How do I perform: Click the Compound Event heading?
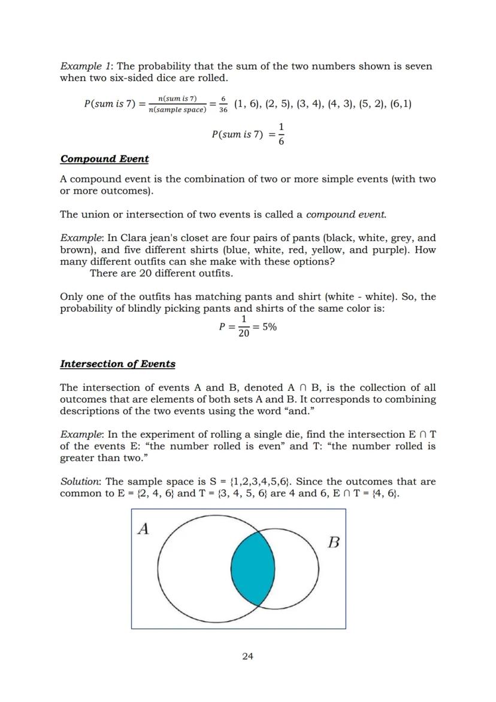(104, 159)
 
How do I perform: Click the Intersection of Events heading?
(117, 364)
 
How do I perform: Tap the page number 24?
(247, 656)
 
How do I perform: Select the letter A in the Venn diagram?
(143, 528)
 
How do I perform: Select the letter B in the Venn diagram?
(334, 543)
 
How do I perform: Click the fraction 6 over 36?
(223, 104)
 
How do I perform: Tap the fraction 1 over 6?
(281, 134)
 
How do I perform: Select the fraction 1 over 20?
(243, 327)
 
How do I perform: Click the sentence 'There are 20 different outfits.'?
(161, 273)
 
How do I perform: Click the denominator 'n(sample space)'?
(177, 110)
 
